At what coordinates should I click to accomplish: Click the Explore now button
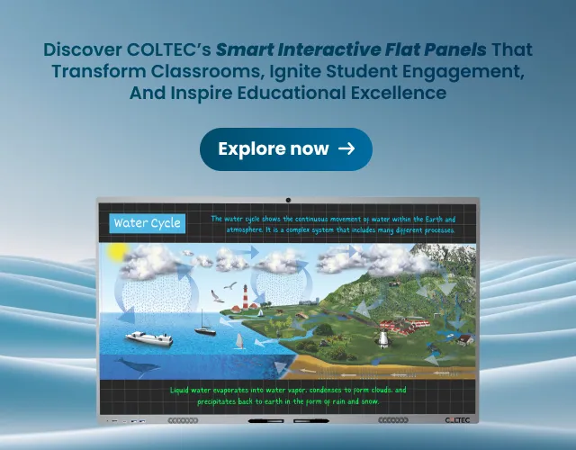tap(286, 149)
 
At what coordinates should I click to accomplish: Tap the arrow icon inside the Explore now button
tap(346, 149)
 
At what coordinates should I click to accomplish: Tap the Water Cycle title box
tap(147, 223)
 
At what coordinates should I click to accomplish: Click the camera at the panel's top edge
tap(288, 200)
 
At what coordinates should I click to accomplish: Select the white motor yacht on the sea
tap(148, 337)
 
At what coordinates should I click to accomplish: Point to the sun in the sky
tap(116, 254)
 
